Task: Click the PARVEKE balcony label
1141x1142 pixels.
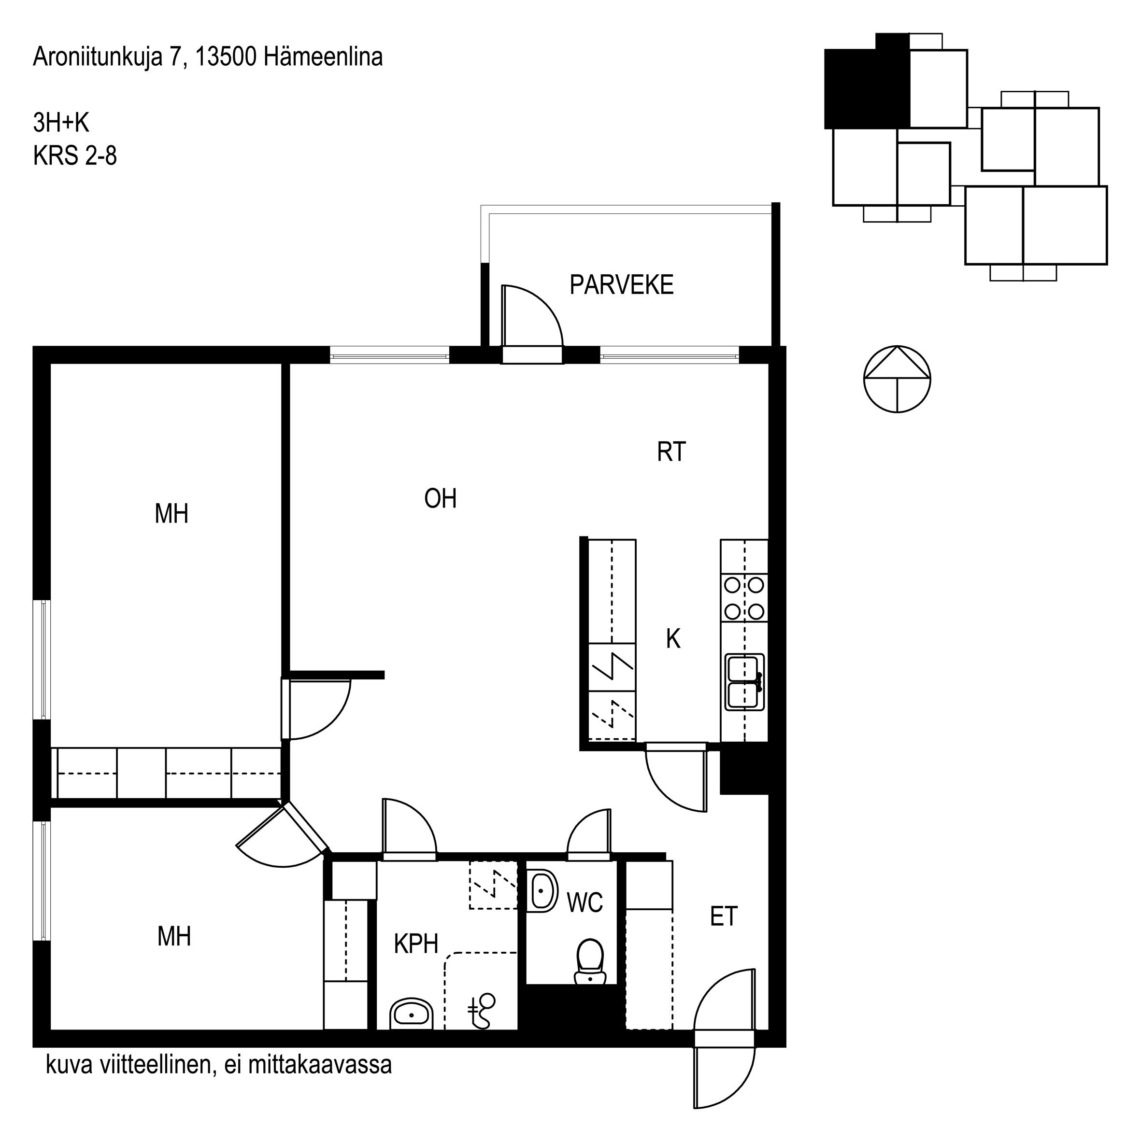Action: point(621,285)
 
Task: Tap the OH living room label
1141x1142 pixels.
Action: point(441,499)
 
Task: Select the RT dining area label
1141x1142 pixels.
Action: point(671,452)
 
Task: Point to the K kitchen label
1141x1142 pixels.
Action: point(673,639)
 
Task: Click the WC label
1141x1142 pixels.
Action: point(585,902)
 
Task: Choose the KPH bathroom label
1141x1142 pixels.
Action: point(416,944)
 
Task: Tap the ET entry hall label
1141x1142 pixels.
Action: point(724,917)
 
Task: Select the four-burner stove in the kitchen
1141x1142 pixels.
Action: point(744,598)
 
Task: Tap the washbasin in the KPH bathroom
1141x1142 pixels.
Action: point(412,1015)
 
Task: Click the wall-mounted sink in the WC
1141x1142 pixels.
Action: point(542,891)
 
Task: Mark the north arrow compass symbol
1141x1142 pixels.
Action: point(897,379)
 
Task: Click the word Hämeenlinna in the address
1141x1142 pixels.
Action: point(323,57)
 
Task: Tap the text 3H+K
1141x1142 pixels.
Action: point(61,123)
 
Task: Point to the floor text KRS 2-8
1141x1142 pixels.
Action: point(75,156)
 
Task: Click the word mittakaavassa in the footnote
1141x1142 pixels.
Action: point(320,1065)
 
